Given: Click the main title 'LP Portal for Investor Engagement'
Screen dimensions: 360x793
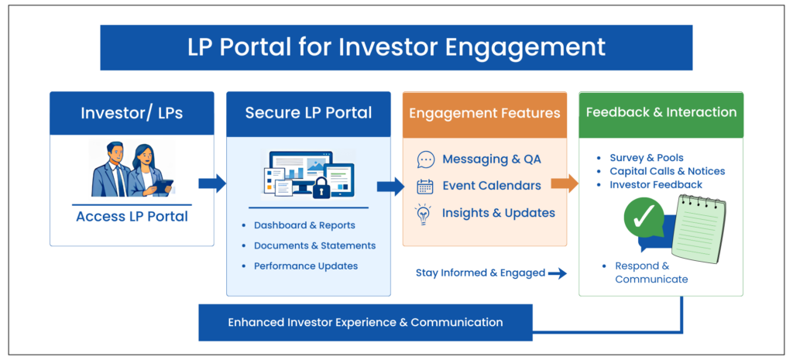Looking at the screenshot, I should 396,47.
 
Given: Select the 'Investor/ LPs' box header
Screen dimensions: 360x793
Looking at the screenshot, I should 132,113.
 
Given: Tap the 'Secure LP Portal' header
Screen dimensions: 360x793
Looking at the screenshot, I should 308,113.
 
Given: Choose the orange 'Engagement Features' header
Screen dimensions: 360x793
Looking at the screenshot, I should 484,113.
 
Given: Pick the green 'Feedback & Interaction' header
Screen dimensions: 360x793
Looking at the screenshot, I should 661,112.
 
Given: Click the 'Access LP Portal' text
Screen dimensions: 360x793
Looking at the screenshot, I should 132,216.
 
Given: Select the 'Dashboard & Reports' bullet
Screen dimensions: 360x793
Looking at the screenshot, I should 304,225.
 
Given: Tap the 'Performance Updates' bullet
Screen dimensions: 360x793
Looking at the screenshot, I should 306,266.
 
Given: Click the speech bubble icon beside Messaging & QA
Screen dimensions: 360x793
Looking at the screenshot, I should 425,159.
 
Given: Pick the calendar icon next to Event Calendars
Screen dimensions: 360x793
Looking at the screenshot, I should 425,186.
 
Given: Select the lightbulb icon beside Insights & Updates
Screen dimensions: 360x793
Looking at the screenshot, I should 424,212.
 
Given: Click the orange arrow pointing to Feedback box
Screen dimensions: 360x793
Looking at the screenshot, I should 565,183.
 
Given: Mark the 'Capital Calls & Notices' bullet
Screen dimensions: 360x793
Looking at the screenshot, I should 667,171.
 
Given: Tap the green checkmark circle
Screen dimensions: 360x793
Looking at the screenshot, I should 644,218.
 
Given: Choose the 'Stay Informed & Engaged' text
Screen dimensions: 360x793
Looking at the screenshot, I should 480,273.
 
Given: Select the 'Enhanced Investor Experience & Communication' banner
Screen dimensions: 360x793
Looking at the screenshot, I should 366,322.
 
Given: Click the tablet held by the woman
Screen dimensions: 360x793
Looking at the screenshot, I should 162,186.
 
